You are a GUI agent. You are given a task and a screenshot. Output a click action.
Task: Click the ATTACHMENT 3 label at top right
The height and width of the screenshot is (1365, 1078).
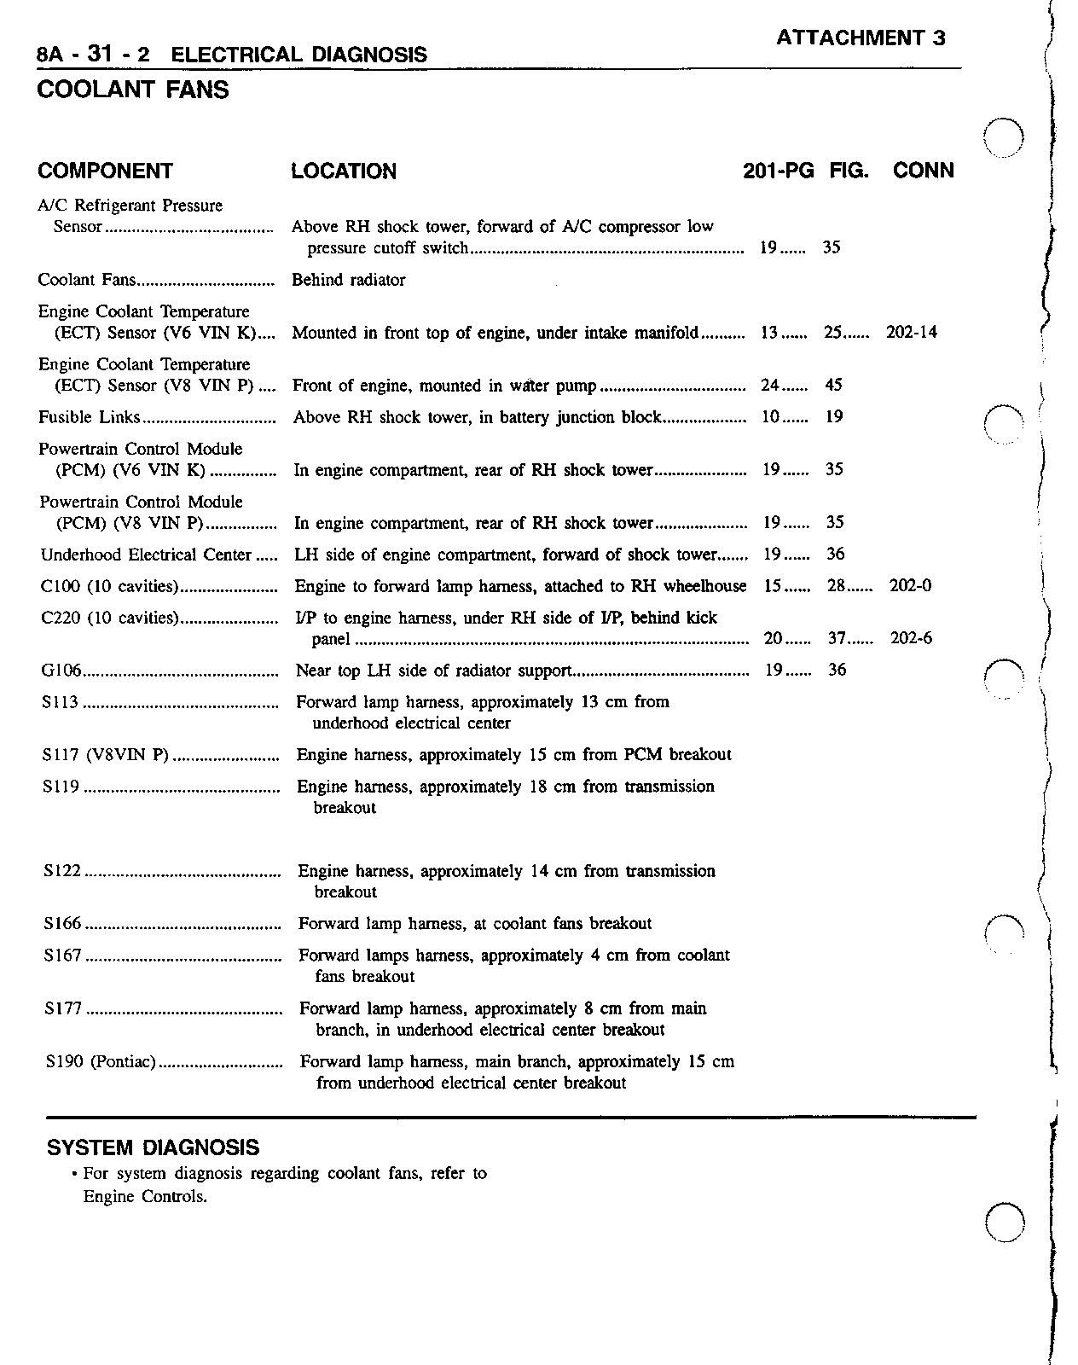pyautogui.click(x=861, y=38)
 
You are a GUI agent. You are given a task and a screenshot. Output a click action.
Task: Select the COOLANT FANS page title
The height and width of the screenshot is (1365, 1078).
pyautogui.click(x=133, y=90)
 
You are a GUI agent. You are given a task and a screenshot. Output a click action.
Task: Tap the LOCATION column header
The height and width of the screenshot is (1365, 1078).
pyautogui.click(x=344, y=171)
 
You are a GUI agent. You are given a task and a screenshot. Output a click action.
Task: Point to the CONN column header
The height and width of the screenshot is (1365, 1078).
pyautogui.click(x=923, y=171)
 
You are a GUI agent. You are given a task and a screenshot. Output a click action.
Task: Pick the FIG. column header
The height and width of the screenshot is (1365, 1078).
pyautogui.click(x=849, y=171)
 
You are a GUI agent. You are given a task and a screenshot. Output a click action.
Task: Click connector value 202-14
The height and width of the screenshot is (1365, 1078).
pyautogui.click(x=911, y=333)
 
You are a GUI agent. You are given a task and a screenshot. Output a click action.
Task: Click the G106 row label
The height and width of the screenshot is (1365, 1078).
pyautogui.click(x=61, y=671)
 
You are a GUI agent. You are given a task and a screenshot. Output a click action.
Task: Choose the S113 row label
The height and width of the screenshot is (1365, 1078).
pyautogui.click(x=61, y=702)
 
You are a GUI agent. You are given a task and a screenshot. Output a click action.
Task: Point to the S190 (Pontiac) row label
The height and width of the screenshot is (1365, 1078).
pyautogui.click(x=100, y=1062)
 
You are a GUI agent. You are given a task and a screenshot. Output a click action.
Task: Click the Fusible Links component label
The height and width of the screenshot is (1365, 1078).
pyautogui.click(x=89, y=417)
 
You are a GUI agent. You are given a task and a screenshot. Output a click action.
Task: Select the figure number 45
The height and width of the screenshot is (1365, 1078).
pyautogui.click(x=833, y=386)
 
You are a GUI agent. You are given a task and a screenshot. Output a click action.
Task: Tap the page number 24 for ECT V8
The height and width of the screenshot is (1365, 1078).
pyautogui.click(x=770, y=386)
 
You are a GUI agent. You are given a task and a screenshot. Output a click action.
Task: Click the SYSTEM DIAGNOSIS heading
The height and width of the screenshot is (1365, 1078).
pyautogui.click(x=153, y=1147)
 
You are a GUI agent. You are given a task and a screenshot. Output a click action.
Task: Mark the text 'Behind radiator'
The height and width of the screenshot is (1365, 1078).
pyautogui.click(x=349, y=280)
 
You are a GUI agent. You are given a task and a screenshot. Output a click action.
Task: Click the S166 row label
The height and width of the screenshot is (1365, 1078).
pyautogui.click(x=62, y=924)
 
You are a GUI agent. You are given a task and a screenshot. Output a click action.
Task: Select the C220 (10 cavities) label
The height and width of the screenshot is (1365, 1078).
pyautogui.click(x=109, y=618)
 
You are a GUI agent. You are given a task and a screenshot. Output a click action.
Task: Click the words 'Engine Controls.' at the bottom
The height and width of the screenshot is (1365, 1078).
pyautogui.click(x=145, y=1196)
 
